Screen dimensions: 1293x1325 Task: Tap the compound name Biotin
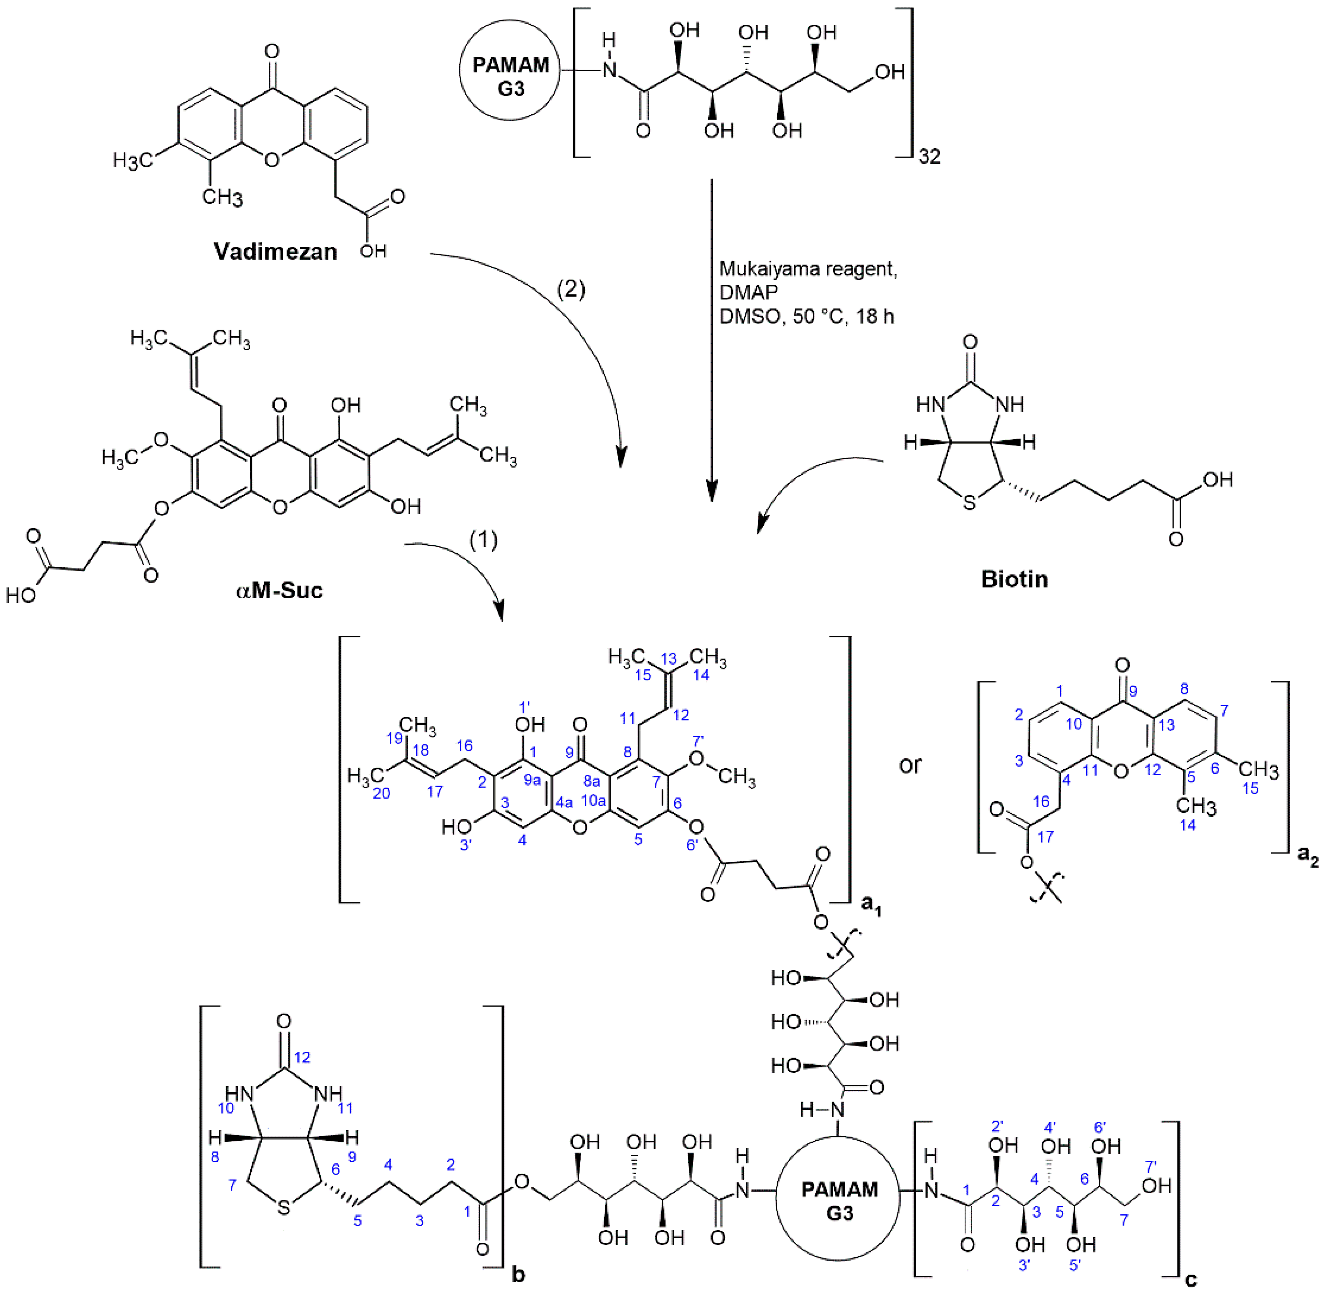pyautogui.click(x=1014, y=579)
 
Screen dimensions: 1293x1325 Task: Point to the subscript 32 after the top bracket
pyautogui.click(x=929, y=157)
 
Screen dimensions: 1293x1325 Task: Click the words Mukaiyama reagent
pyautogui.click(x=808, y=269)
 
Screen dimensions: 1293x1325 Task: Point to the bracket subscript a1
pyautogui.click(x=871, y=905)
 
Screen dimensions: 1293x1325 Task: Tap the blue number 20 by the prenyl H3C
pyautogui.click(x=382, y=793)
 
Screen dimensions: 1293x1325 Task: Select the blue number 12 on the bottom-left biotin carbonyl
pyautogui.click(x=302, y=1057)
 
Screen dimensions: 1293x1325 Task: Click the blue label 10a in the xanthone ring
pyautogui.click(x=593, y=801)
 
